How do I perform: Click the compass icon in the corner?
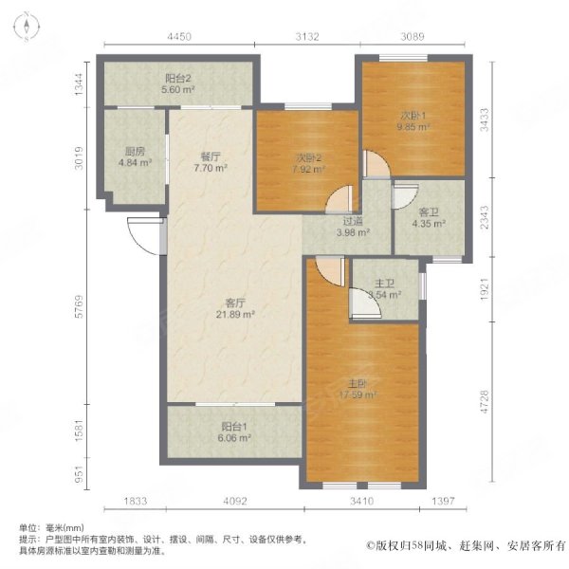click(27, 27)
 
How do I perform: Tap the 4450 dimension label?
click(179, 37)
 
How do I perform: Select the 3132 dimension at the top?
click(306, 37)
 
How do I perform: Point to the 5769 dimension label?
click(79, 306)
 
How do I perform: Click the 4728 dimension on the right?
click(485, 402)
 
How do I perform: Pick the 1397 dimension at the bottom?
click(443, 501)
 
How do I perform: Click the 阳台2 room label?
click(178, 78)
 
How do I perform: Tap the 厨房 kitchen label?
click(135, 152)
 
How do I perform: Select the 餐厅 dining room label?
click(211, 156)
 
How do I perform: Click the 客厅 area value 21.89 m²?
click(235, 314)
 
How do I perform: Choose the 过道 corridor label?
click(353, 221)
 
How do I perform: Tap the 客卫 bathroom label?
click(429, 211)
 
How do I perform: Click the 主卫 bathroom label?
click(384, 284)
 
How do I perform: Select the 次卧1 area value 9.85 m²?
click(413, 127)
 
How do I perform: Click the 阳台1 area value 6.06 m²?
click(234, 438)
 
